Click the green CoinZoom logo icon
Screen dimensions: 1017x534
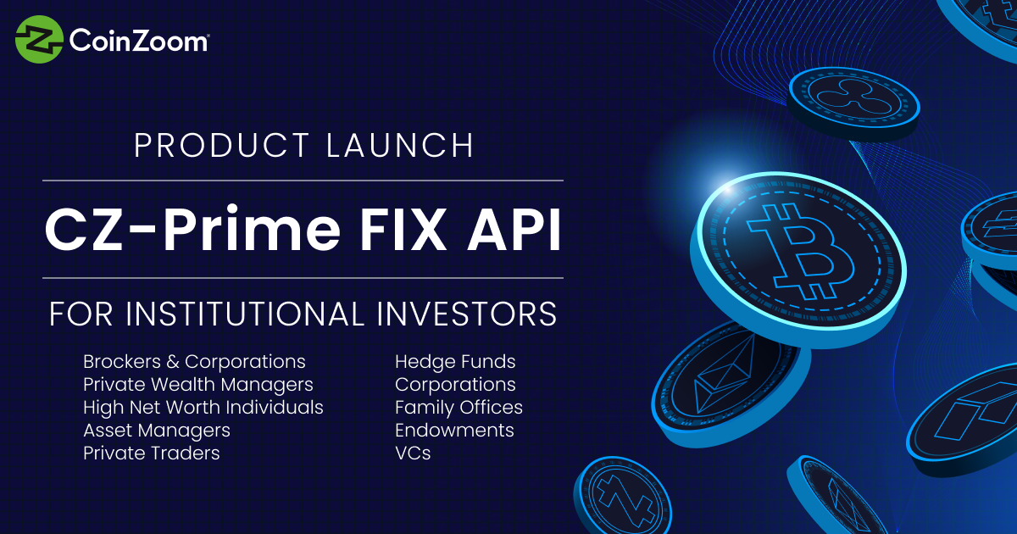(x=39, y=39)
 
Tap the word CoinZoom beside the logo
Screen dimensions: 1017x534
(x=139, y=41)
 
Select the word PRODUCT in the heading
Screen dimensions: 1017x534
(x=222, y=145)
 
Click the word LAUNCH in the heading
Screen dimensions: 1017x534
(x=400, y=145)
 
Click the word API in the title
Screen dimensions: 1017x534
(x=514, y=230)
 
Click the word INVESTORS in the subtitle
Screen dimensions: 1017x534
(x=467, y=314)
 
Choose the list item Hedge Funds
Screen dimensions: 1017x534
(x=455, y=362)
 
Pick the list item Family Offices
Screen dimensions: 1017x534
(x=459, y=408)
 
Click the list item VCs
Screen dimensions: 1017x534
(x=413, y=453)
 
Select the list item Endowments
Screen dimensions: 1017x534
(x=454, y=430)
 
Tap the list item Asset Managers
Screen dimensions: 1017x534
(x=157, y=431)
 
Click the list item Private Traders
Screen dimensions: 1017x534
(x=152, y=453)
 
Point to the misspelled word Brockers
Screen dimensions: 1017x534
(x=122, y=362)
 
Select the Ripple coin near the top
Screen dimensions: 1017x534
(x=853, y=103)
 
